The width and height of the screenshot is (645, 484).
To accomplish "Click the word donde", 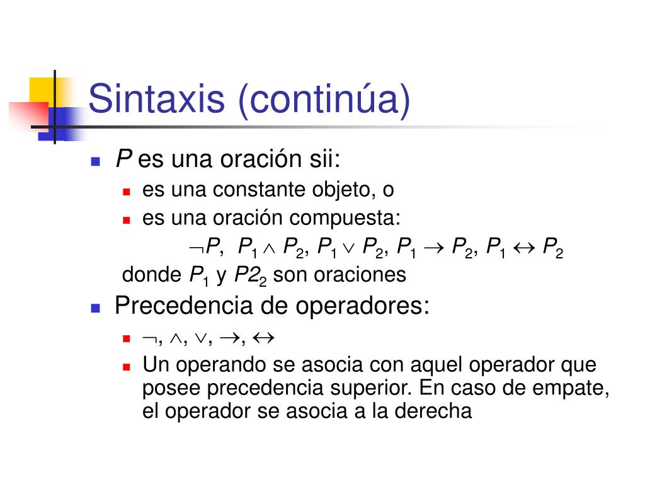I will coord(151,275).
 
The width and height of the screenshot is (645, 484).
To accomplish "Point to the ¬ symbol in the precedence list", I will coord(149,338).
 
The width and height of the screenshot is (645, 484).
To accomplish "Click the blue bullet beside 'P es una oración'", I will coord(96,161).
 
